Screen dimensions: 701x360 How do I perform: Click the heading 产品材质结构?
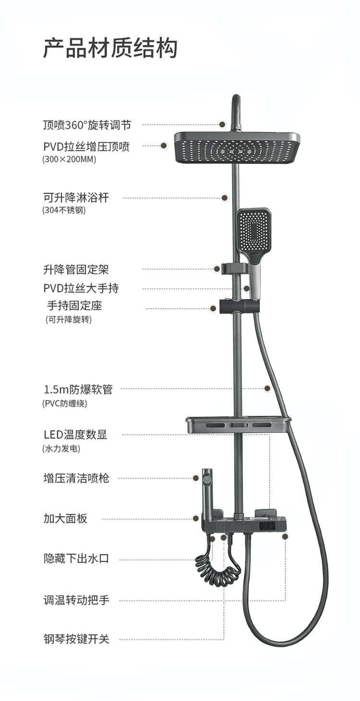click(110, 49)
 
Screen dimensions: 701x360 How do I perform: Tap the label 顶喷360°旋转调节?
click(87, 125)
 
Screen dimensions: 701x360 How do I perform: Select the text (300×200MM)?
click(69, 159)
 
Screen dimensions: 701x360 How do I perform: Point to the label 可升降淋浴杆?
click(76, 197)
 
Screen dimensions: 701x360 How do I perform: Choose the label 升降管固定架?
click(79, 269)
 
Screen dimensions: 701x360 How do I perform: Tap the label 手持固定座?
click(74, 305)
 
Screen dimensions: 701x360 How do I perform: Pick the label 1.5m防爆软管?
click(78, 389)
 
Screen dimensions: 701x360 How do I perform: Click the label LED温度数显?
click(75, 435)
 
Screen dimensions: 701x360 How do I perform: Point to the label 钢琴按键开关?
click(76, 639)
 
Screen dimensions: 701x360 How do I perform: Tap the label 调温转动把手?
click(76, 600)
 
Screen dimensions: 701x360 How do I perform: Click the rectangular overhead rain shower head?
click(237, 147)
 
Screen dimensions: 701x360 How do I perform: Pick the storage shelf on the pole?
click(238, 425)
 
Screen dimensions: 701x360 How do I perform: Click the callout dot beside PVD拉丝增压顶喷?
click(164, 145)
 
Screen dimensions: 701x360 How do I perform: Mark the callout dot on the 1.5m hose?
click(267, 388)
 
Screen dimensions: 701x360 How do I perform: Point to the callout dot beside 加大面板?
click(196, 519)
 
